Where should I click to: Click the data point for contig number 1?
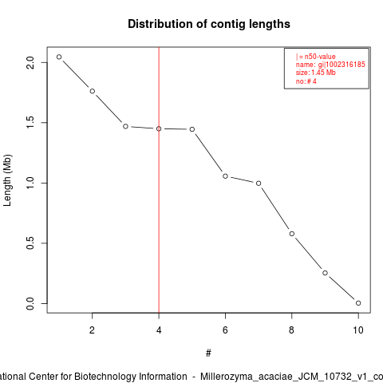pos(59,57)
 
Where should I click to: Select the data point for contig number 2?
pos(93,91)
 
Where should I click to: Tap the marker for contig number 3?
pos(125,126)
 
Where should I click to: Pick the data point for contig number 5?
pos(192,129)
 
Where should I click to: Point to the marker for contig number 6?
pos(225,176)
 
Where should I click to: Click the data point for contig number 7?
pos(259,184)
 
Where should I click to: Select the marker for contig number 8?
pos(292,234)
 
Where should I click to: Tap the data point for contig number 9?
pos(325,273)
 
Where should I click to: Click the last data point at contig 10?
pos(358,303)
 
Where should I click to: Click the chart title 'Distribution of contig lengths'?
pos(209,24)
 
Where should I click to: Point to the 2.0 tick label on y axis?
pos(30,63)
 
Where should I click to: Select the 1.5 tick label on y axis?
pos(30,123)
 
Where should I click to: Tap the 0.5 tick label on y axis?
pos(30,243)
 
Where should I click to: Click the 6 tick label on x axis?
pos(225,330)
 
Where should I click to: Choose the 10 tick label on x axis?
pos(358,330)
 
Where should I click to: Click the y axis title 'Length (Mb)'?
pos(8,180)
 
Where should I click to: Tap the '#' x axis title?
pos(208,353)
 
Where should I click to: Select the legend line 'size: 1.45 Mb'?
pos(316,73)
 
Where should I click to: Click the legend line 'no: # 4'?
pos(306,81)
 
